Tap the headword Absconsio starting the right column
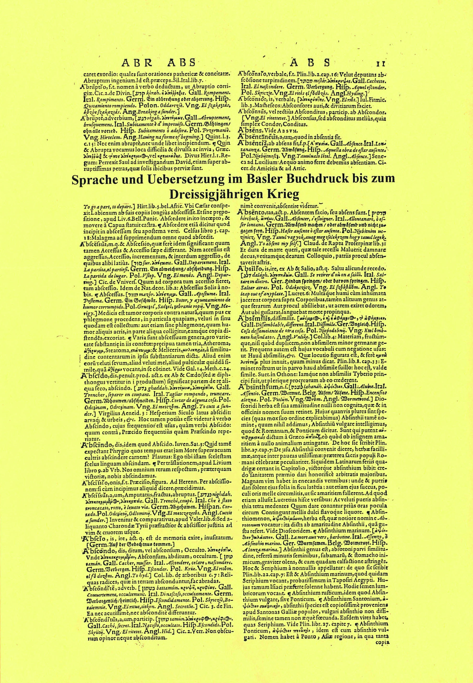[254, 73]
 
